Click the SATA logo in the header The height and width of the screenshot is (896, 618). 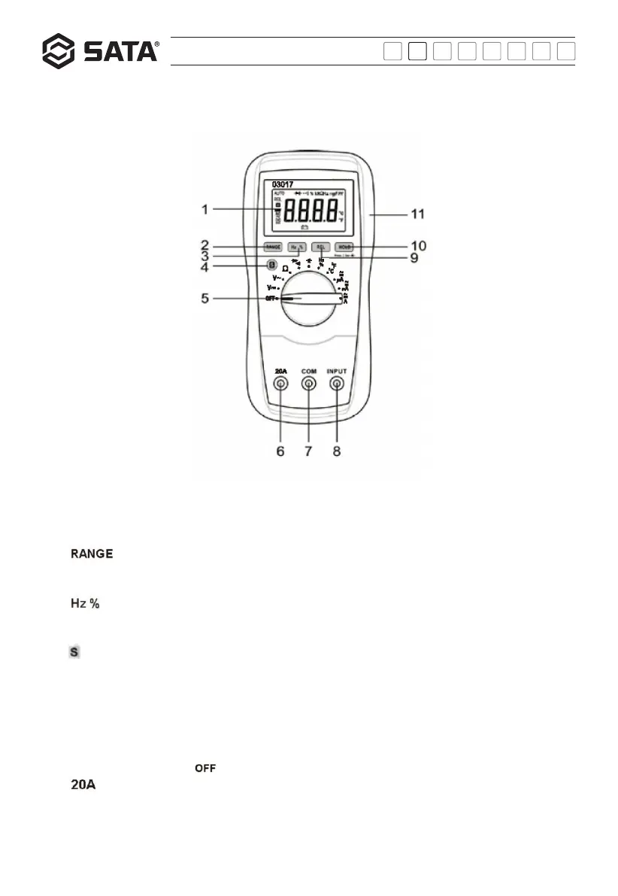click(99, 51)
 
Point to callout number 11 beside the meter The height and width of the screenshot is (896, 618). click(417, 214)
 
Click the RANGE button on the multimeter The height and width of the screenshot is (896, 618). click(273, 246)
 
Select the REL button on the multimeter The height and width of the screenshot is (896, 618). click(322, 246)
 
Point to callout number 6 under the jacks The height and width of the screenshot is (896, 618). click(280, 451)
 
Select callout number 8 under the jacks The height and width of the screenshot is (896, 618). click(336, 451)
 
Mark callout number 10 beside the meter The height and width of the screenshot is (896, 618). click(417, 245)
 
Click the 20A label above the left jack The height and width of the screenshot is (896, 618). click(280, 370)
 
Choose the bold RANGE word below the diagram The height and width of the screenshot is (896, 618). click(92, 554)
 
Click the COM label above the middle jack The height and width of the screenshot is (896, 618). click(308, 370)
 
